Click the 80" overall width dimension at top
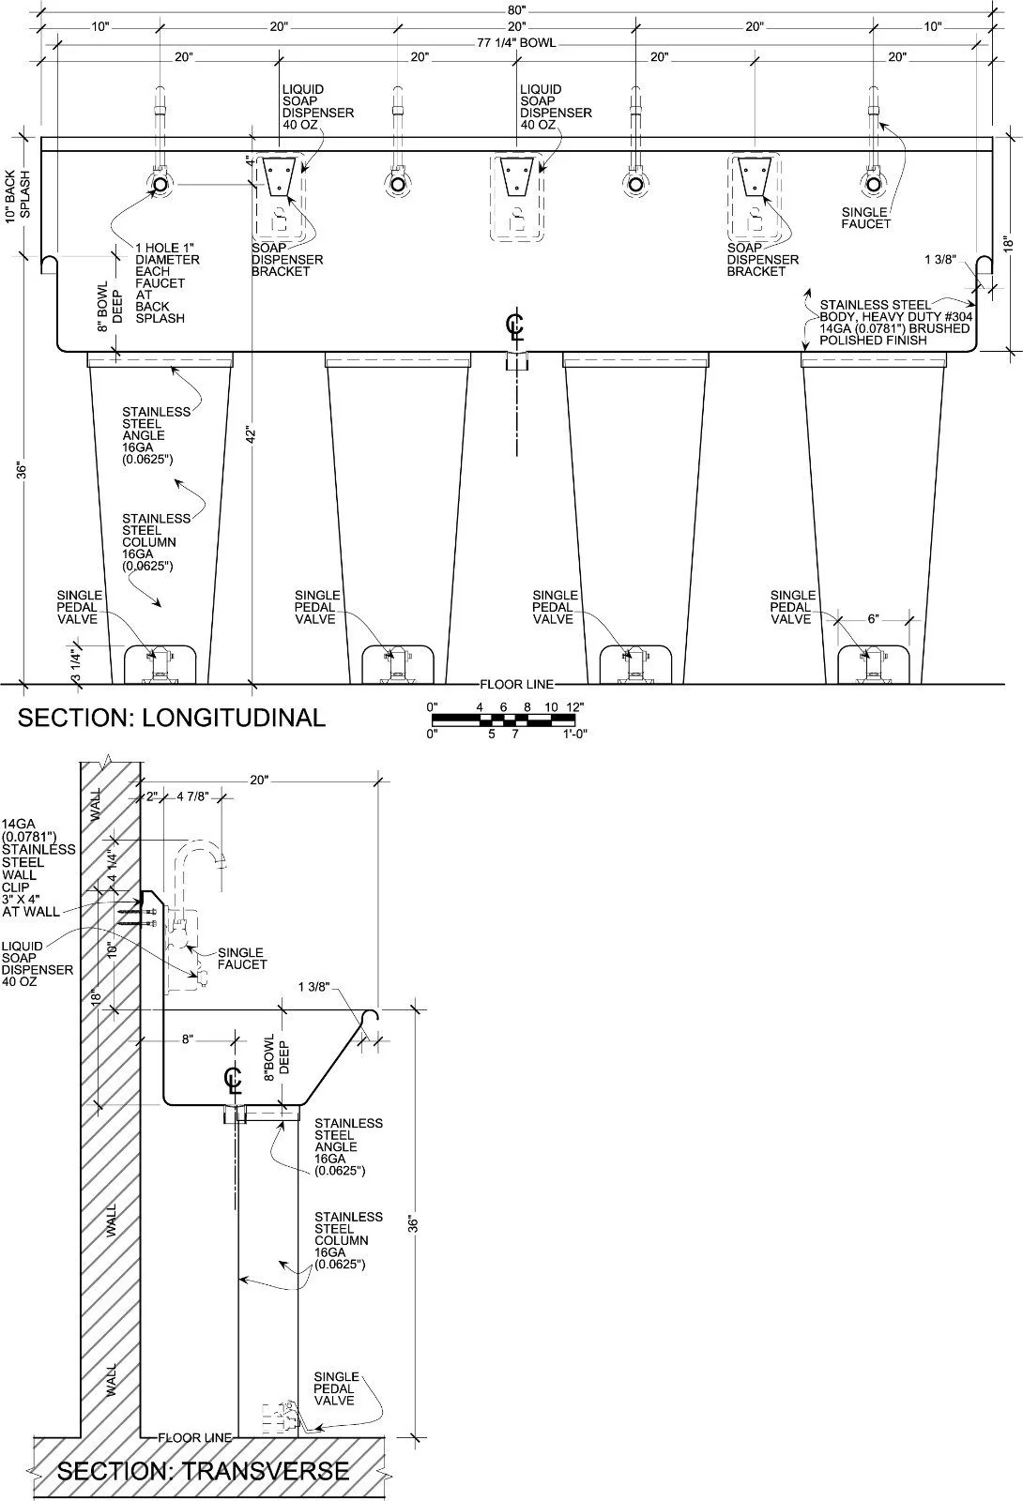[516, 10]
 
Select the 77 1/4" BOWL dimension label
[516, 43]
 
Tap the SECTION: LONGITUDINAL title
[172, 718]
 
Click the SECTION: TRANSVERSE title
[203, 1471]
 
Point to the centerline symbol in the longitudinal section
[515, 326]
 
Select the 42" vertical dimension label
[252, 435]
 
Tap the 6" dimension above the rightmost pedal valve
[873, 619]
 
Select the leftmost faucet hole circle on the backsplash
[160, 184]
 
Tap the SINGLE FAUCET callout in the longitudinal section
[865, 218]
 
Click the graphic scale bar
[503, 721]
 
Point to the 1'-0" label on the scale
[574, 734]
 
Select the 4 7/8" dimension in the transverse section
[193, 796]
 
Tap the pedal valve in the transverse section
[281, 1416]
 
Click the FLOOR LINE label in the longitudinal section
[517, 684]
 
